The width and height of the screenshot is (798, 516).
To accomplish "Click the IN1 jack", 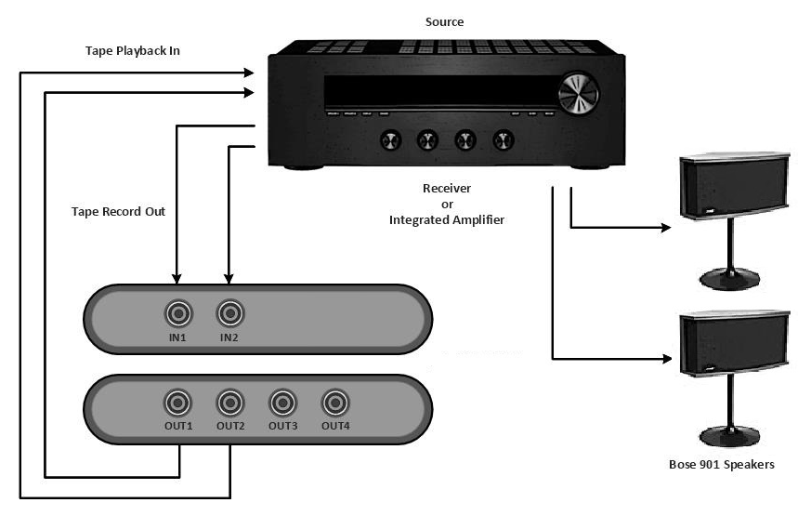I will (177, 312).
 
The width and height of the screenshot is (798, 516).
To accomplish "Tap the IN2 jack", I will (229, 312).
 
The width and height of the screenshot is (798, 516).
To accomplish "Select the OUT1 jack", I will (177, 404).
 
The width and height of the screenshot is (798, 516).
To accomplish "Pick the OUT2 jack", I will (229, 404).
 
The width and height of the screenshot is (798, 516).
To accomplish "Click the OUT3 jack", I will (282, 404).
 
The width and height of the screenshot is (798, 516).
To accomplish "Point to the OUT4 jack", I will (334, 404).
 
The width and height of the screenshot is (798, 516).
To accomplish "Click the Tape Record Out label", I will (118, 211).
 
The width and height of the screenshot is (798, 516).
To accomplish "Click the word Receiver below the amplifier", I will (447, 188).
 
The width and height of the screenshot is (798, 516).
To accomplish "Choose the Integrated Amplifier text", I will (447, 219).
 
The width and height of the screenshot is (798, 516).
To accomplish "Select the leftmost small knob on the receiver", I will (388, 140).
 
